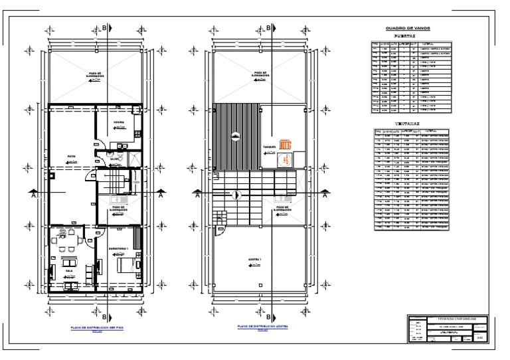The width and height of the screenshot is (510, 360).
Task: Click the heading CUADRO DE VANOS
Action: pyautogui.click(x=408, y=29)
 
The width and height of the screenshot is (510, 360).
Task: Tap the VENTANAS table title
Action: pyautogui.click(x=407, y=124)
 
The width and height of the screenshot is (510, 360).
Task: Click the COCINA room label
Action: pyautogui.click(x=118, y=122)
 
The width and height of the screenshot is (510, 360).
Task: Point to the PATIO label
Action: pyautogui.click(x=71, y=157)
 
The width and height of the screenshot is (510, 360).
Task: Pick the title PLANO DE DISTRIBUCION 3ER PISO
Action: pyautogui.click(x=97, y=327)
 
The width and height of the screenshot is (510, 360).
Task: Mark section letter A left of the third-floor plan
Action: pyautogui.click(x=33, y=195)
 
